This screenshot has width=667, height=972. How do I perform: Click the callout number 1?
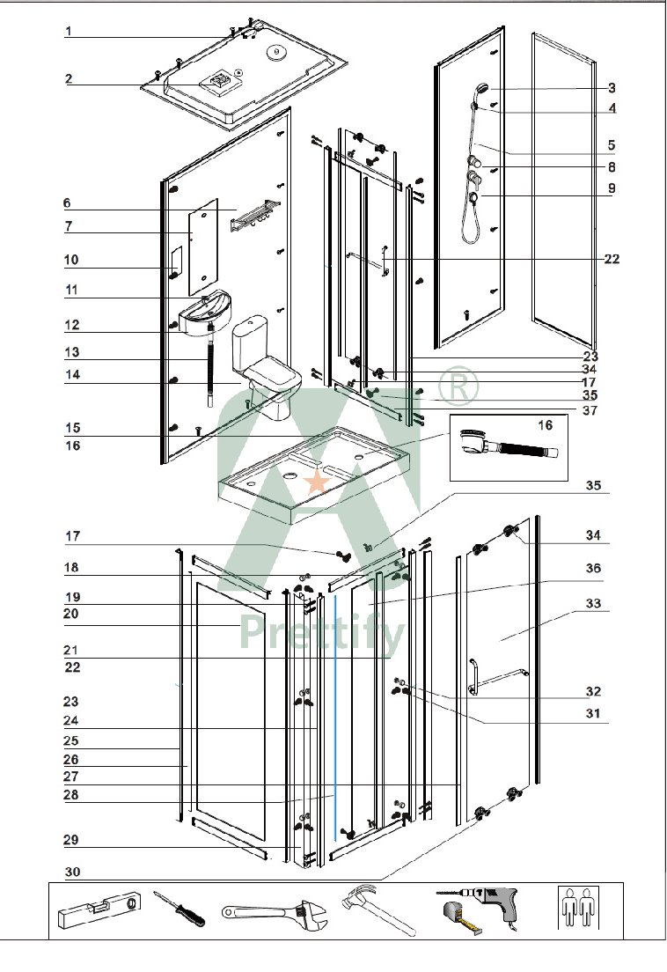pos(68,32)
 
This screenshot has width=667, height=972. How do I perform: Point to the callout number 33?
pos(593,604)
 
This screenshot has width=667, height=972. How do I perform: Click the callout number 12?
pos(71,325)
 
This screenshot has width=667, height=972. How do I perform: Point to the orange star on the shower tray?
pos(316,482)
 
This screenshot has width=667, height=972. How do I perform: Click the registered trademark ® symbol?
pos(459,386)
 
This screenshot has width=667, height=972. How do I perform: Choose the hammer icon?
pos(377,908)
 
